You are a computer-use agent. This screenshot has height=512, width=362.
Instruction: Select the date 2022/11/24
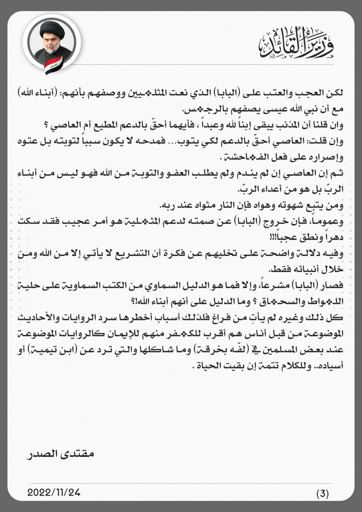tap(54, 492)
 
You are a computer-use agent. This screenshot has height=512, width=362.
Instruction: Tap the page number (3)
tap(322, 494)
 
